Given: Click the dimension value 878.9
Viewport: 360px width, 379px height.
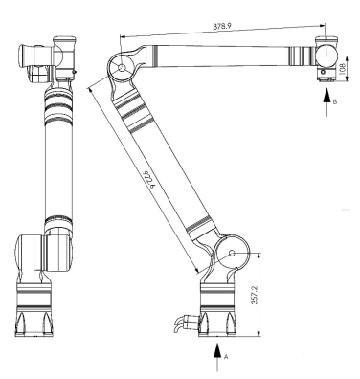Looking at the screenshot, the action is pyautogui.click(x=222, y=27).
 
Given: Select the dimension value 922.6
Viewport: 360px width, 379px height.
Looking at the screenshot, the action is pyautogui.click(x=149, y=180).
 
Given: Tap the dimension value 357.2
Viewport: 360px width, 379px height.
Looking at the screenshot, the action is pyautogui.click(x=255, y=294).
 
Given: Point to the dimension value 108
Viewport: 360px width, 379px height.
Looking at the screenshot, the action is pyautogui.click(x=343, y=68).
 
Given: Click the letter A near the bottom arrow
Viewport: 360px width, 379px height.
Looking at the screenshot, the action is pyautogui.click(x=226, y=357).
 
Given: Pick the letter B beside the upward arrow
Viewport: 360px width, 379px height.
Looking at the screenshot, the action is pyautogui.click(x=335, y=101).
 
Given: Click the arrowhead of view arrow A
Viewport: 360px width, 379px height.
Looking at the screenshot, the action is pyautogui.click(x=217, y=349).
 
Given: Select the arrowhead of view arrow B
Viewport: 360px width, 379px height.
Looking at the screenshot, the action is pyautogui.click(x=326, y=96).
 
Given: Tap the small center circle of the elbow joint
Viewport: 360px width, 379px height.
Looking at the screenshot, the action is pyautogui.click(x=122, y=68).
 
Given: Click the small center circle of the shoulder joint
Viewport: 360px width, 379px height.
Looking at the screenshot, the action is pyautogui.click(x=232, y=253).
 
